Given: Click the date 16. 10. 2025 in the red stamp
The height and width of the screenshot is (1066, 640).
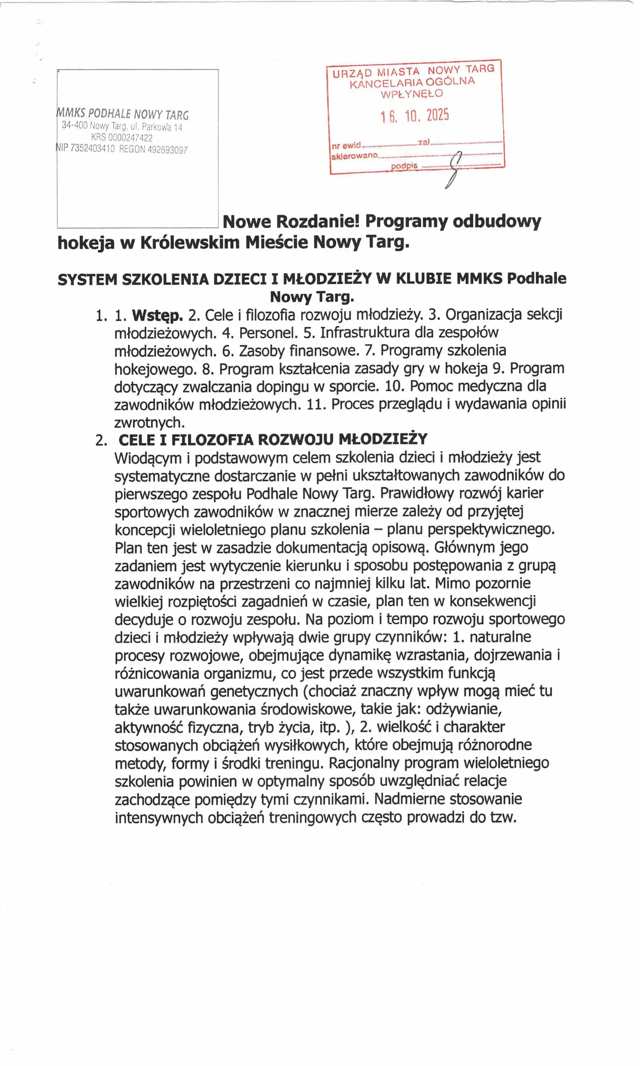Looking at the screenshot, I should tap(415, 116).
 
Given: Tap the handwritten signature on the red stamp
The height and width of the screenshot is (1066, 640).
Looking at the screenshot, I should tap(453, 169).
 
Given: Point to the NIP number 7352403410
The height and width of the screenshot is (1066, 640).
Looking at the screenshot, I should tap(92, 149).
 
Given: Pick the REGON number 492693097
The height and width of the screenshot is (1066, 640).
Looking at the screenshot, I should tap(167, 150).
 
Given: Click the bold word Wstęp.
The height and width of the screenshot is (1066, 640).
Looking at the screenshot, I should tap(157, 315).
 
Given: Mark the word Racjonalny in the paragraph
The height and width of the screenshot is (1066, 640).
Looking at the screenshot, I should tap(364, 763).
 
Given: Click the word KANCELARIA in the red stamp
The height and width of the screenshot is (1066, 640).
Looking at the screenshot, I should tap(385, 84).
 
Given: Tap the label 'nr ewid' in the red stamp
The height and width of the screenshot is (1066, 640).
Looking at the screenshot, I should tap(346, 146).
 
